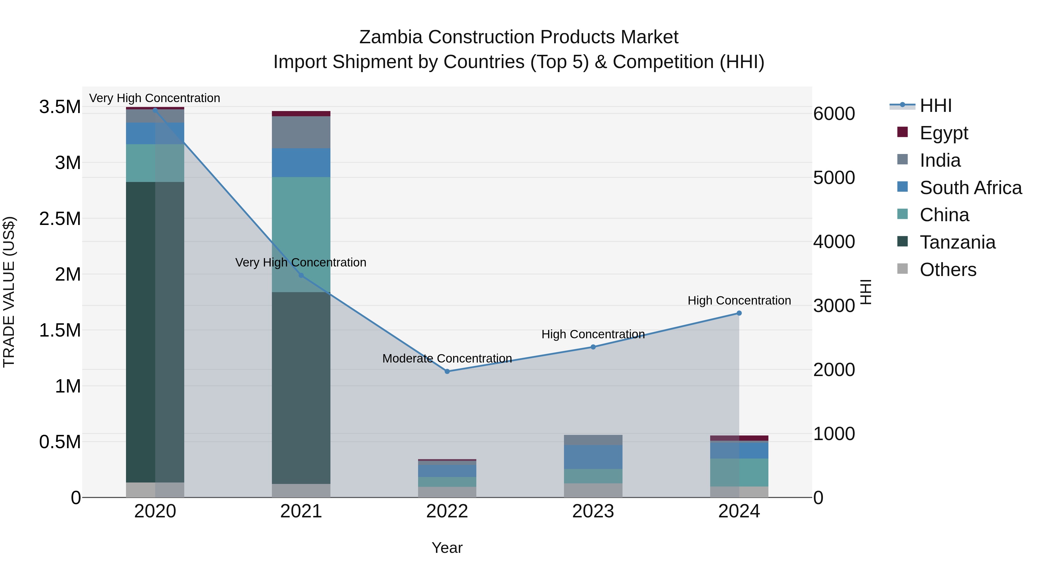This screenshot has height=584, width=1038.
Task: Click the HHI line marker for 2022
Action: tap(447, 371)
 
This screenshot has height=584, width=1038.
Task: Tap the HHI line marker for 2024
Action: tap(739, 313)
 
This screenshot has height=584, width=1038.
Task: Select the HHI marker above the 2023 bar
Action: tap(593, 347)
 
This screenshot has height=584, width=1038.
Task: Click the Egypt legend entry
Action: tap(943, 133)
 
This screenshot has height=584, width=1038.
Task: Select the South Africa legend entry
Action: tap(970, 187)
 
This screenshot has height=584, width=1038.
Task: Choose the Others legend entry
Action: tap(948, 269)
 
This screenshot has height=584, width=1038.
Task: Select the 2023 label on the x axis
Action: tap(593, 511)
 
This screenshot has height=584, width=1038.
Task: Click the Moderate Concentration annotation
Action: tap(447, 358)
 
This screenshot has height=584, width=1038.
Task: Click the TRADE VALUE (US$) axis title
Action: tap(9, 292)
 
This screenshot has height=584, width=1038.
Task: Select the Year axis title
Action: tap(447, 548)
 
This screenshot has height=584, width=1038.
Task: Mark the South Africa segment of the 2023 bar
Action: tap(593, 457)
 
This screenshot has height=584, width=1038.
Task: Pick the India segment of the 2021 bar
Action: tap(301, 132)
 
